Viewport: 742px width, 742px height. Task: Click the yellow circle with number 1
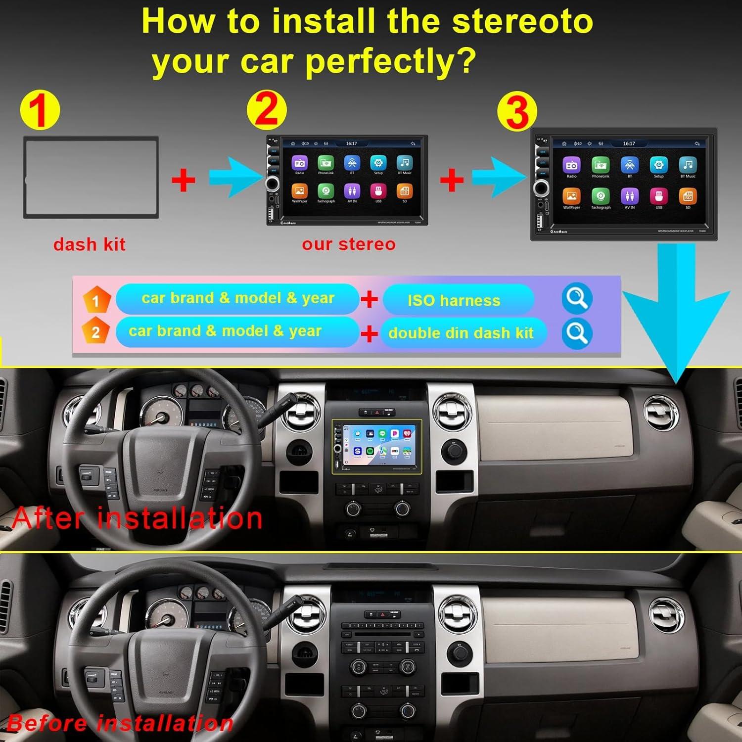click(40, 110)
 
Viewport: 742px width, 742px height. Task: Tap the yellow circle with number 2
click(267, 110)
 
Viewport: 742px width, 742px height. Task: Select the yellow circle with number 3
click(517, 111)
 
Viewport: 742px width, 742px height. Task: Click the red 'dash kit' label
click(90, 244)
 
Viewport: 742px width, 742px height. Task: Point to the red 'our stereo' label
click(349, 244)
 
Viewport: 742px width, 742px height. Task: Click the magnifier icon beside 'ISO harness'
click(577, 298)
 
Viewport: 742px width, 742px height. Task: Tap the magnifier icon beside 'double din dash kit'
click(577, 333)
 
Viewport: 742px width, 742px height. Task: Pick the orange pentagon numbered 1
click(96, 300)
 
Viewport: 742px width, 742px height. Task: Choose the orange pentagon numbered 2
click(96, 331)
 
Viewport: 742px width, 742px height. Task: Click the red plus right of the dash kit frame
click(183, 180)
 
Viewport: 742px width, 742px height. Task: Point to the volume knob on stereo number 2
click(273, 184)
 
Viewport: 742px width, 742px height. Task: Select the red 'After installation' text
click(137, 518)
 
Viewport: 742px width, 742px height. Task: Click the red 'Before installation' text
click(120, 724)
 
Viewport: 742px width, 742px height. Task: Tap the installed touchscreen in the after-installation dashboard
click(377, 445)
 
